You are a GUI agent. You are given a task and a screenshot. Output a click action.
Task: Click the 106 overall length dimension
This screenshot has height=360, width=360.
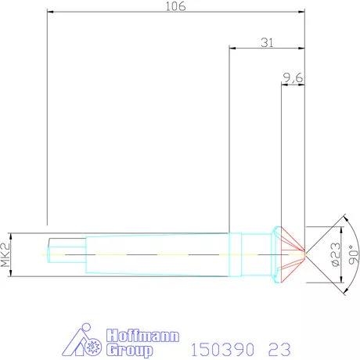pyautogui.click(x=175, y=7)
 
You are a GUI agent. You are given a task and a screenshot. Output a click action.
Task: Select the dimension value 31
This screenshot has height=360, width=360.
pyautogui.click(x=266, y=43)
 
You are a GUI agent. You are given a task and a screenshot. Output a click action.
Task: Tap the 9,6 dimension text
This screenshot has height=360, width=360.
pyautogui.click(x=293, y=77)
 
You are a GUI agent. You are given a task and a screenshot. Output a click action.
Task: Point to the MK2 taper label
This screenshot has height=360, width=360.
pyautogui.click(x=5, y=254)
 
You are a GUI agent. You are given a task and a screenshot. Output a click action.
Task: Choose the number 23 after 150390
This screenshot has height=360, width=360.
pyautogui.click(x=279, y=347)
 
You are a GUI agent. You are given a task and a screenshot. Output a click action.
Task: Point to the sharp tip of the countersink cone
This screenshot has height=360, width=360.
pyautogui.click(x=304, y=254)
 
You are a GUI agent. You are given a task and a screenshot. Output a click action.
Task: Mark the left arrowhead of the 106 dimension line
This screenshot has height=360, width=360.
pyautogui.click(x=51, y=13)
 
